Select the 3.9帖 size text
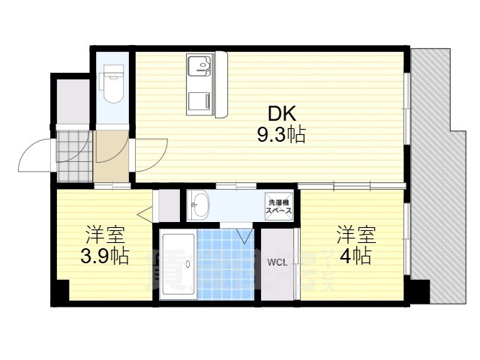coord(104,256)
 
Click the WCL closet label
coord(277,262)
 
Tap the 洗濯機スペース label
coord(277,207)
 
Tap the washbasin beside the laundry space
coord(199,204)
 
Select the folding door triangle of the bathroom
coord(244,235)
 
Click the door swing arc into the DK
coord(147,154)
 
